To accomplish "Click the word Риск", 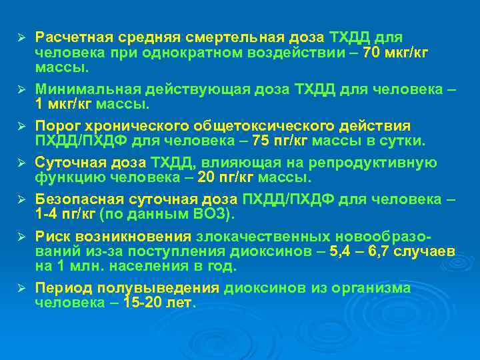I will (52, 236).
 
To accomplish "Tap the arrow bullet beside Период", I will (21, 288).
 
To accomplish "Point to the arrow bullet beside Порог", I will (21, 126).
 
